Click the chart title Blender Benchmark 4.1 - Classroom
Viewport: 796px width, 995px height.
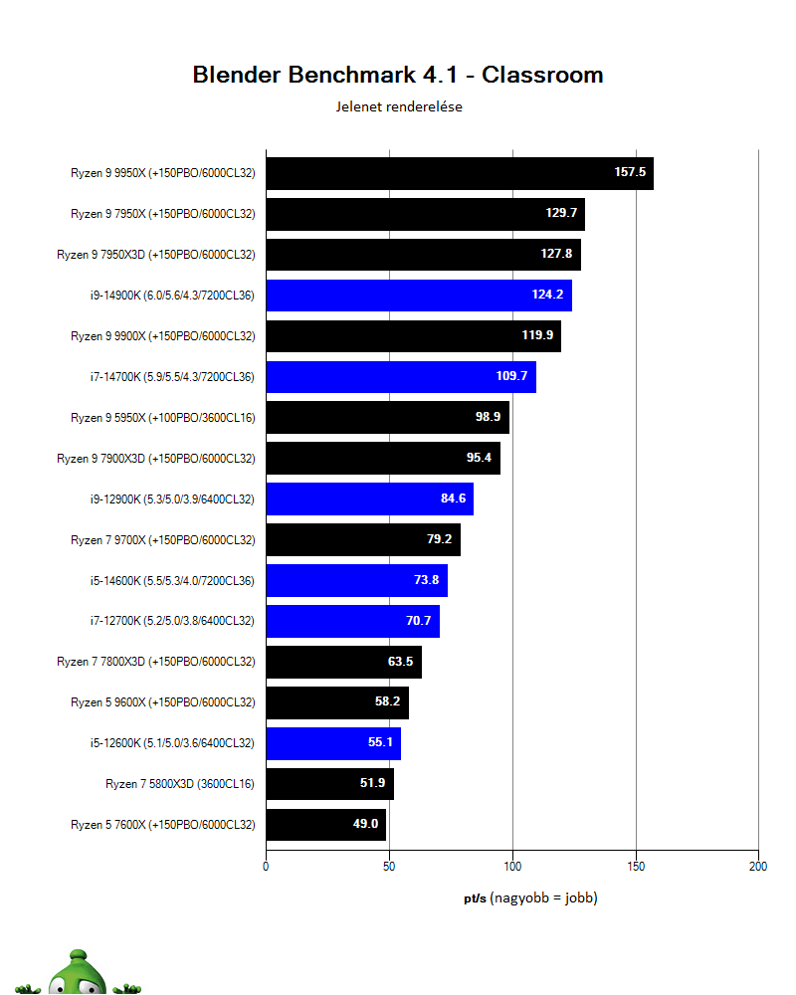(x=397, y=75)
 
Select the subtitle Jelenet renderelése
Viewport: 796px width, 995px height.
(x=398, y=107)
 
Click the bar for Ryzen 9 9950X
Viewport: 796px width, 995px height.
(x=459, y=173)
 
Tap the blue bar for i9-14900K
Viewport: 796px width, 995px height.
(x=418, y=296)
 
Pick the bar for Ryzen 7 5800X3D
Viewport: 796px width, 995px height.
(x=329, y=784)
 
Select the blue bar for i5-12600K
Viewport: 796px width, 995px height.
(x=332, y=743)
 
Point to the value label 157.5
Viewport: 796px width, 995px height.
(x=630, y=173)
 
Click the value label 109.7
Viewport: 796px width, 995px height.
(x=512, y=377)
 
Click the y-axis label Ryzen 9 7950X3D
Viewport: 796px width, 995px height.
(x=156, y=255)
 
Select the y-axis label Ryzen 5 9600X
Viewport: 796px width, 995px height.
(x=163, y=702)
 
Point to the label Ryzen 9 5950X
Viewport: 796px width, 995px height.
(x=156, y=418)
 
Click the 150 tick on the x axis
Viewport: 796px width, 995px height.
(x=636, y=867)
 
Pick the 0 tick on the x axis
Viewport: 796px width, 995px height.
(x=266, y=867)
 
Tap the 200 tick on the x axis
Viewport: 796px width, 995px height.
(x=758, y=867)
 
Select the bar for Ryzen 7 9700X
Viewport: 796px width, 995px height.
(x=363, y=540)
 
